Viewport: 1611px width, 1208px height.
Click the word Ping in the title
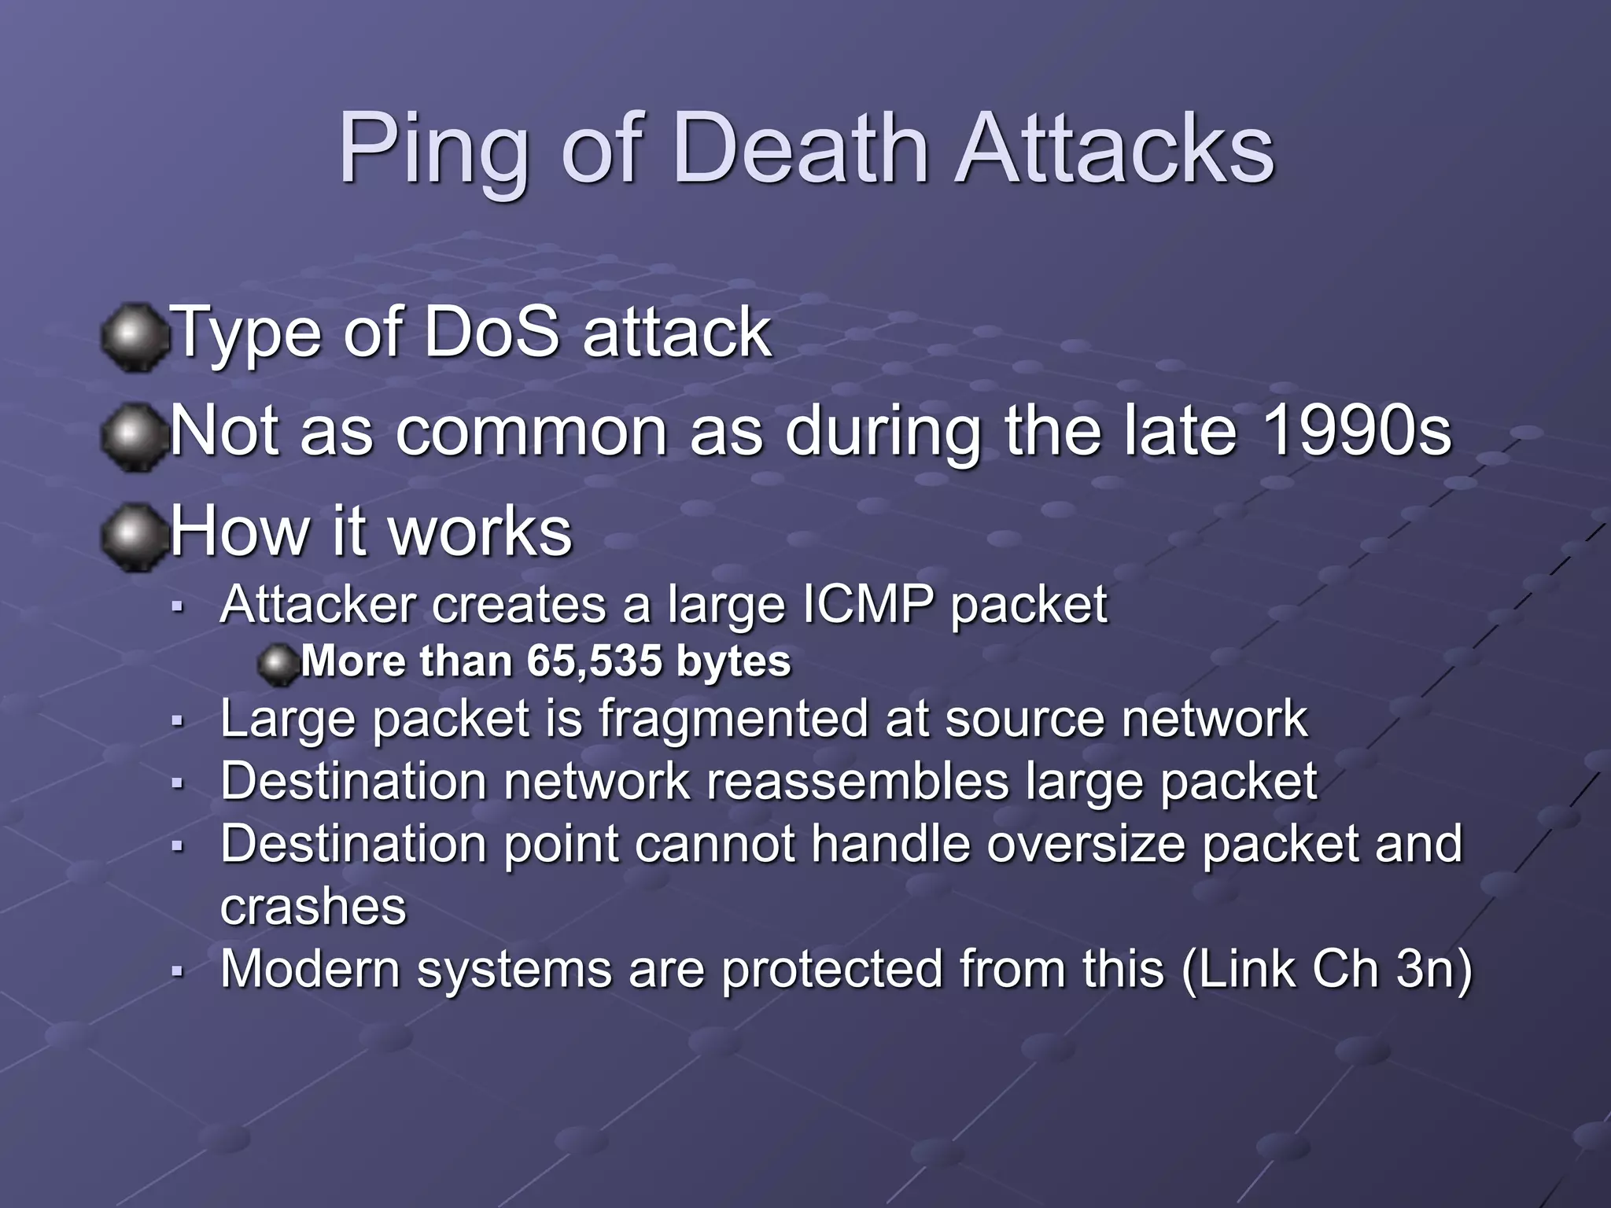tap(433, 149)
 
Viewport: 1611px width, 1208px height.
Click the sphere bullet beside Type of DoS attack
tap(135, 337)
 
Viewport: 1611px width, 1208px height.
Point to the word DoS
tap(491, 333)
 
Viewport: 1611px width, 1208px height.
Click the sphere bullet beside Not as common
tap(135, 436)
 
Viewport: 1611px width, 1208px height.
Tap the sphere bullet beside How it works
tap(135, 537)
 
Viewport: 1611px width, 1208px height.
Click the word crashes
tap(313, 907)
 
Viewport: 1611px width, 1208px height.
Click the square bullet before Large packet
tap(178, 720)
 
